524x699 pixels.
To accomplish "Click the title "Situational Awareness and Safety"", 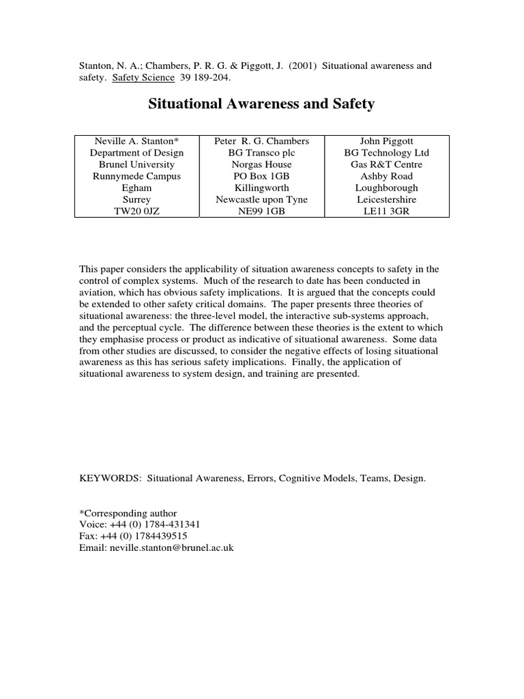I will [261, 104].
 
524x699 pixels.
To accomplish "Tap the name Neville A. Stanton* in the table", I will [136, 141].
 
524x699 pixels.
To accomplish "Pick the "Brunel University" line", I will [136, 165].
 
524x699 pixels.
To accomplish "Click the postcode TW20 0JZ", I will [136, 211].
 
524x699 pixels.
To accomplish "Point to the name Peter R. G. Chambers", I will [261, 141].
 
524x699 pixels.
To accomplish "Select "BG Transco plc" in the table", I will [261, 153].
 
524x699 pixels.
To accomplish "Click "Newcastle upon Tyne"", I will [261, 199].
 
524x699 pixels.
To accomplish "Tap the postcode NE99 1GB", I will [261, 211].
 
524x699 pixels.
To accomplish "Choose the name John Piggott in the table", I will [387, 141].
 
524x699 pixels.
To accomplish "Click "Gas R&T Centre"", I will [387, 165].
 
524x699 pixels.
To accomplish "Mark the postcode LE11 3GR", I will [387, 211].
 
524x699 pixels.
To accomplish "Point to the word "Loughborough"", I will [387, 188].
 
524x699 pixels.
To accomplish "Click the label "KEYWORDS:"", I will [111, 479].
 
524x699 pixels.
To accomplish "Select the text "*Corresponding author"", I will [128, 513].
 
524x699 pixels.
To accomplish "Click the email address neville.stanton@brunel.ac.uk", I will [171, 548].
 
